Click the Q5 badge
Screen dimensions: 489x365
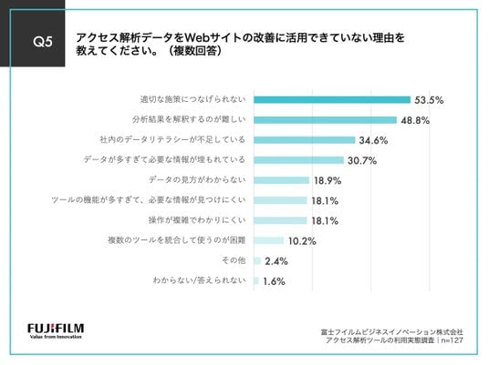click(33, 34)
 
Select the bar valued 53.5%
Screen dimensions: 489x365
click(332, 100)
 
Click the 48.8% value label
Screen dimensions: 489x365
click(415, 120)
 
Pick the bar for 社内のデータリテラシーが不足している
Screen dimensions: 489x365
click(305, 140)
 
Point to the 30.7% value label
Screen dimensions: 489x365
click(362, 160)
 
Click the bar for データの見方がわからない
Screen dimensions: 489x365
click(281, 180)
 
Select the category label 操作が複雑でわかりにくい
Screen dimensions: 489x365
click(197, 220)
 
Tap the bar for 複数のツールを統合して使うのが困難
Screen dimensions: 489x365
click(268, 240)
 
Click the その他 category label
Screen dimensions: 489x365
click(234, 260)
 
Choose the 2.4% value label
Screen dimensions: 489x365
click(276, 261)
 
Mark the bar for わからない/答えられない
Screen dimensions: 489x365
click(256, 280)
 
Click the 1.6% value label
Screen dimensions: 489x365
click(274, 281)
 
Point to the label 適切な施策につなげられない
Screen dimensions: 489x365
click(192, 99)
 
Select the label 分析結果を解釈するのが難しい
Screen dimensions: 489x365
click(189, 119)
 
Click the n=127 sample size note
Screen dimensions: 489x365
click(453, 340)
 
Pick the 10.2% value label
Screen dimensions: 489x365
click(302, 241)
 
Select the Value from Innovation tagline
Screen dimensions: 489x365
click(56, 337)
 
